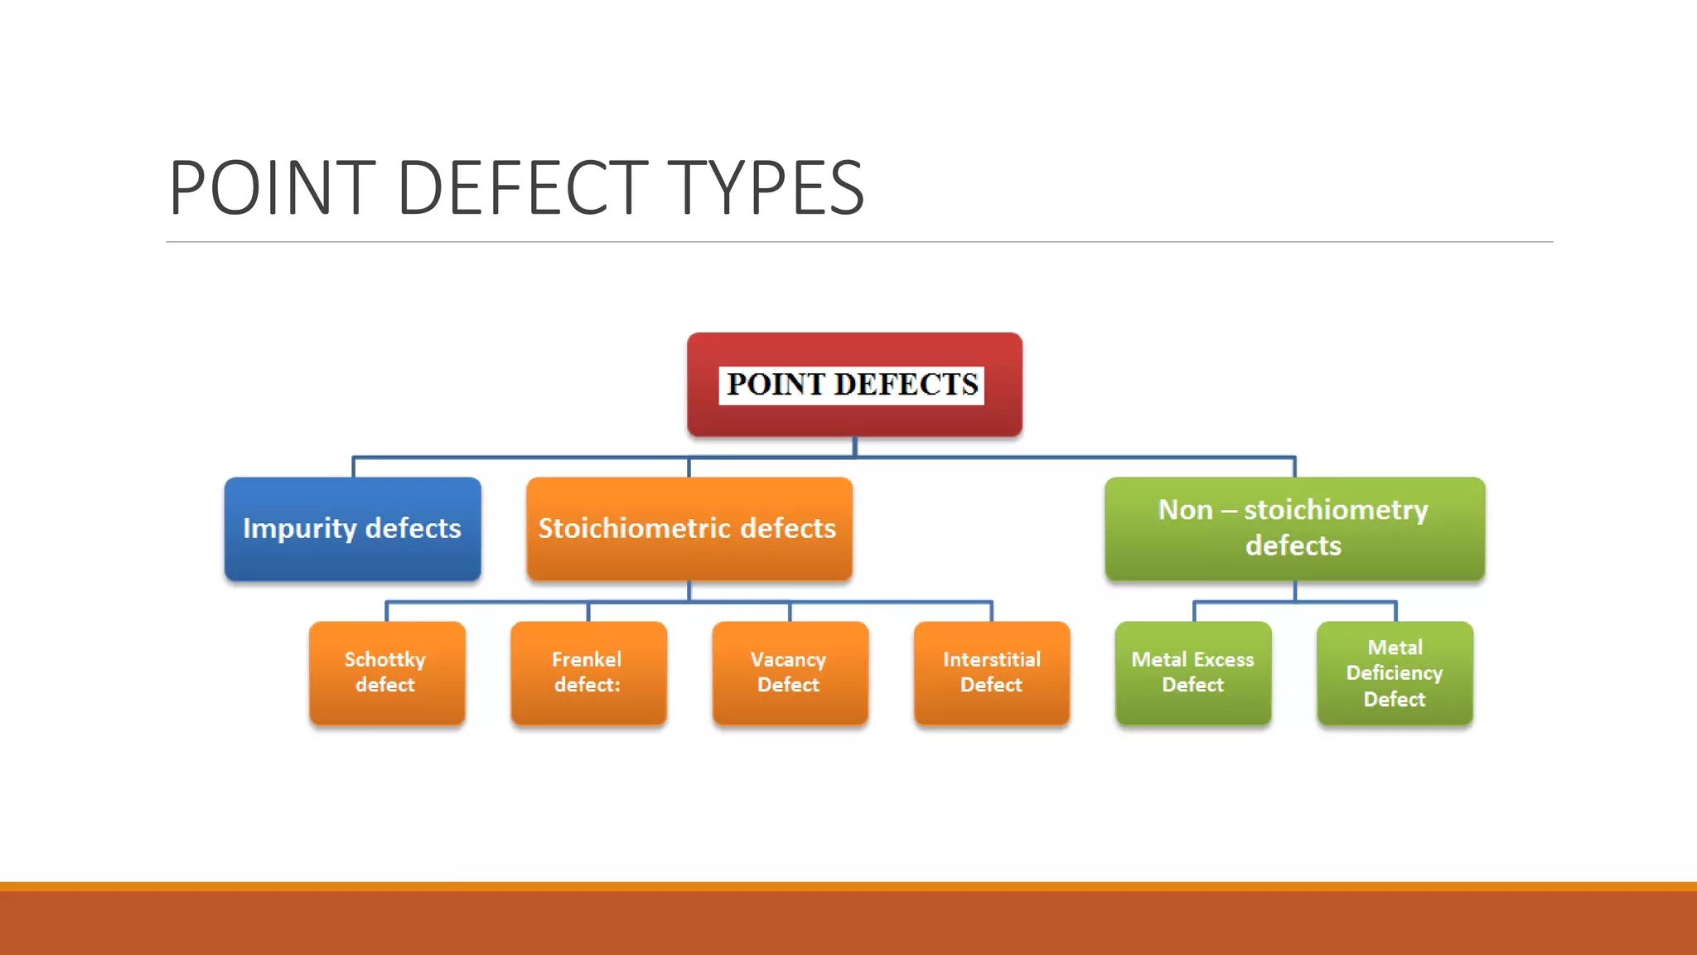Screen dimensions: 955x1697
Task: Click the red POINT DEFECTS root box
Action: click(854, 385)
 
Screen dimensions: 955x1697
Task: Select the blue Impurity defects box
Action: click(352, 529)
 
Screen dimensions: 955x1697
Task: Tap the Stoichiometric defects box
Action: click(689, 529)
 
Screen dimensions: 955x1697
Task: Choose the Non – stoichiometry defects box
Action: click(1294, 529)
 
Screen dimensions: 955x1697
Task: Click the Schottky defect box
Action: click(386, 672)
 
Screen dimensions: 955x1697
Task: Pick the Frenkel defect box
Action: click(588, 672)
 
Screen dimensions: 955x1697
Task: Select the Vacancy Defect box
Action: click(790, 672)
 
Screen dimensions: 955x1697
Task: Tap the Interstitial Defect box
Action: click(992, 672)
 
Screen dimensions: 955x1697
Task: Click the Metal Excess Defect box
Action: click(1193, 672)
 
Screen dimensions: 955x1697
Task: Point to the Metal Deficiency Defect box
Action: click(1395, 672)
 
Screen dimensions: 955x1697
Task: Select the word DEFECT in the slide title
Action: click(522, 188)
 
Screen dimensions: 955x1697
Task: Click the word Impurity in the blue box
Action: click(299, 529)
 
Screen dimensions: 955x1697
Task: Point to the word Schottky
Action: click(384, 660)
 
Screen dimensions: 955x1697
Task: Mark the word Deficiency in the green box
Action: click(1395, 673)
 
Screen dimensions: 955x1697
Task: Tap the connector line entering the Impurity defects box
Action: click(354, 468)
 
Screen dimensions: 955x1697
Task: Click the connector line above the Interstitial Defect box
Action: click(991, 612)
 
